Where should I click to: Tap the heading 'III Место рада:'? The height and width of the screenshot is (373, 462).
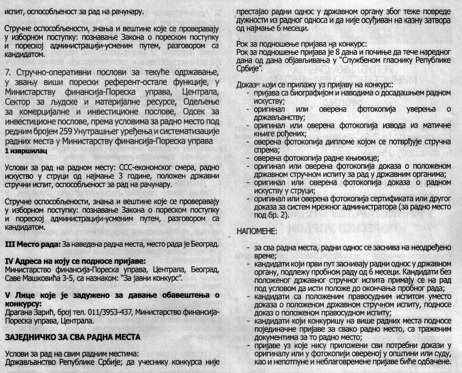point(32,243)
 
